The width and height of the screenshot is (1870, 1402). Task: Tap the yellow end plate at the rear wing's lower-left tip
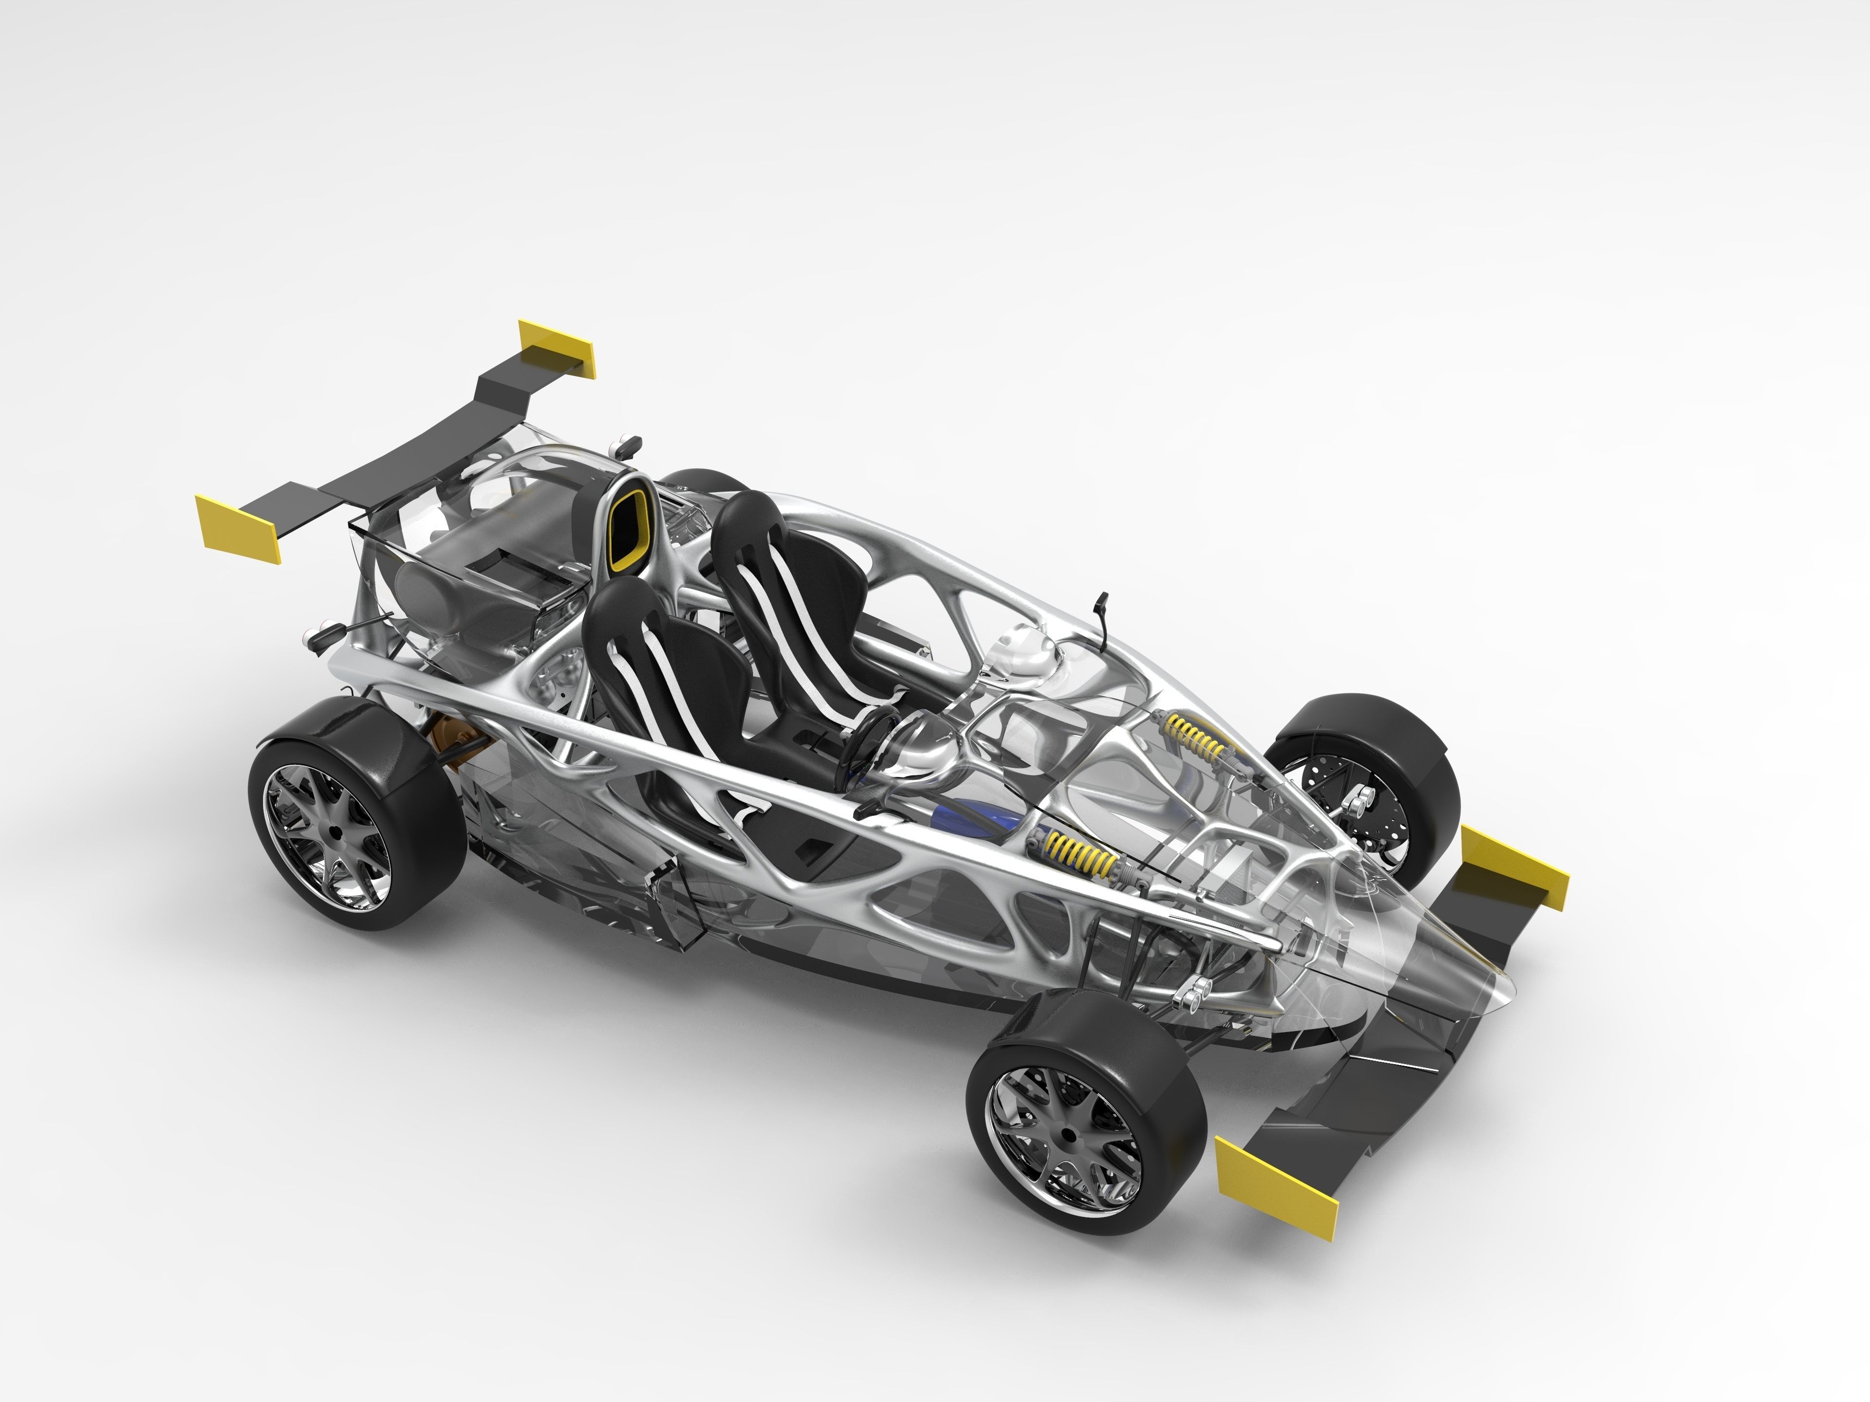239,529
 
